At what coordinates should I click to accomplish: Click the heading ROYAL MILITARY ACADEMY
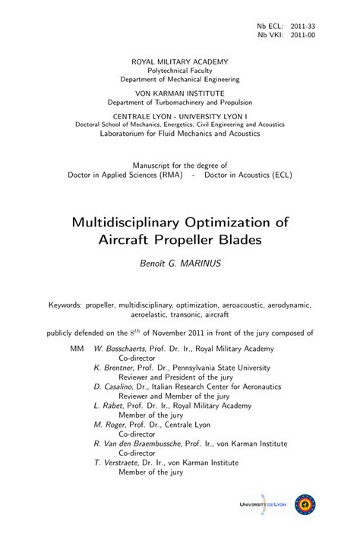pyautogui.click(x=179, y=60)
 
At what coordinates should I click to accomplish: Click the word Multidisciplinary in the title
pyautogui.click(x=129, y=223)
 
